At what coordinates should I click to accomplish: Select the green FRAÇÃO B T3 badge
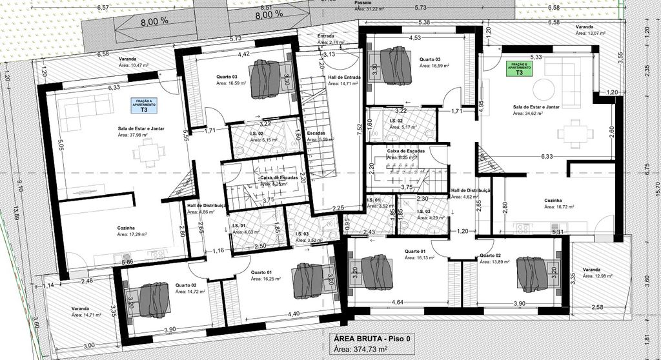518,70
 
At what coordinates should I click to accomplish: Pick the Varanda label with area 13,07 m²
585,28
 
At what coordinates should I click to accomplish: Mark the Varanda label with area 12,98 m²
592,270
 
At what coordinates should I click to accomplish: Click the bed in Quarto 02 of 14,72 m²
154,300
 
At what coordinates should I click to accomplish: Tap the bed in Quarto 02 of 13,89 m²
531,274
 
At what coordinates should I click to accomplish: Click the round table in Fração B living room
544,89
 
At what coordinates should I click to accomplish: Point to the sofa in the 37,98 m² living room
88,106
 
